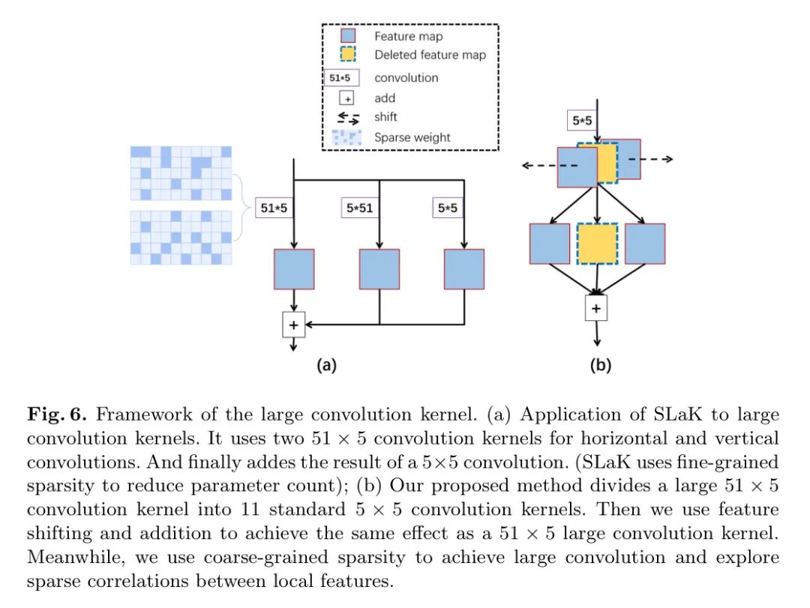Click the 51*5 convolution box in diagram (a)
tap(274, 208)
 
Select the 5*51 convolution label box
tap(359, 208)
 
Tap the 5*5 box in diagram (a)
tap(447, 208)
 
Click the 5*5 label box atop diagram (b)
tap(582, 121)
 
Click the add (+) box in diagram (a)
tap(293, 325)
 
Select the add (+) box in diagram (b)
tap(596, 308)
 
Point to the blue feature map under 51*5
tap(294, 269)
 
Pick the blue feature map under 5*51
tap(379, 269)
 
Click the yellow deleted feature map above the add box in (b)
tap(597, 244)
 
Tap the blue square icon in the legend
tap(348, 36)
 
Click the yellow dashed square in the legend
tap(348, 54)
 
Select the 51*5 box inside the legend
tap(340, 78)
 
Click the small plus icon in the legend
tap(346, 98)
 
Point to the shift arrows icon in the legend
tap(348, 118)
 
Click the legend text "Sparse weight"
tap(412, 137)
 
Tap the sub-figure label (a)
tap(326, 365)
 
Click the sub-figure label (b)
tap(600, 365)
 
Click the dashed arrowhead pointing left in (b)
tap(526, 165)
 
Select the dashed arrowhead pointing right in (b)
tap(668, 159)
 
